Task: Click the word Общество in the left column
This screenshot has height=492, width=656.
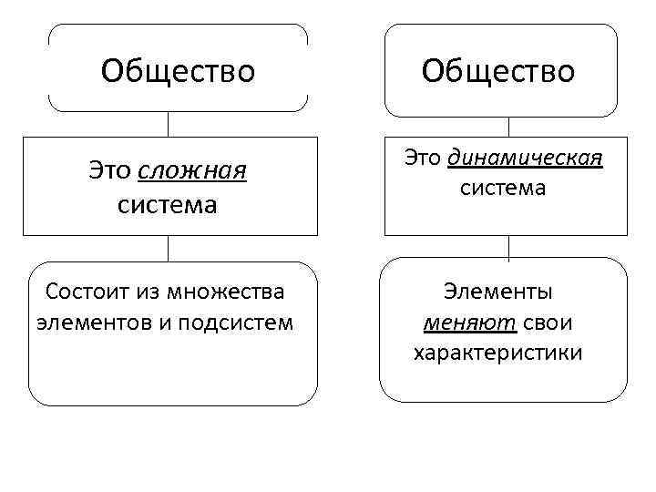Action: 179,70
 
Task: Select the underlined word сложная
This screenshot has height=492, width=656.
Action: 194,170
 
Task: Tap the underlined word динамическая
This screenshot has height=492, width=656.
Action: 526,159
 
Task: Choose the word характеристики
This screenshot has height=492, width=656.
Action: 497,352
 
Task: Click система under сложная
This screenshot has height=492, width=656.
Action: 168,204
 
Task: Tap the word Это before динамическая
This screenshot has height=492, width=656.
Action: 423,159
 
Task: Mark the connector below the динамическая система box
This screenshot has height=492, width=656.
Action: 508,247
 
